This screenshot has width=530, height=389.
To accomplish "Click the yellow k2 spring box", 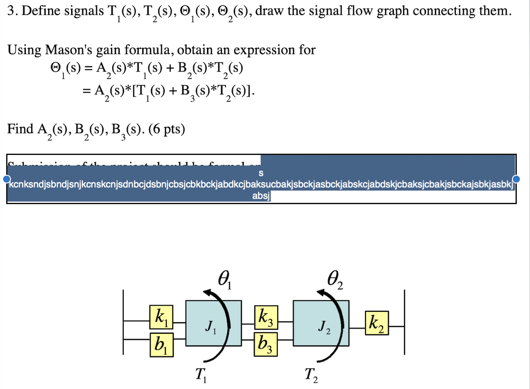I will point(376,324).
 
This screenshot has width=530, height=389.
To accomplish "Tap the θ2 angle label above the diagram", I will point(335,278).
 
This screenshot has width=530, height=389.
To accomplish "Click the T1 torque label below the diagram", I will point(201,375).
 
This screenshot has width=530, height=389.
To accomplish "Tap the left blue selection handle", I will point(7,179).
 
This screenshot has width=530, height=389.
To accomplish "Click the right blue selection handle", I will point(516,179).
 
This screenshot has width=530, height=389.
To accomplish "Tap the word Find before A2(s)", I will point(20,129).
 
